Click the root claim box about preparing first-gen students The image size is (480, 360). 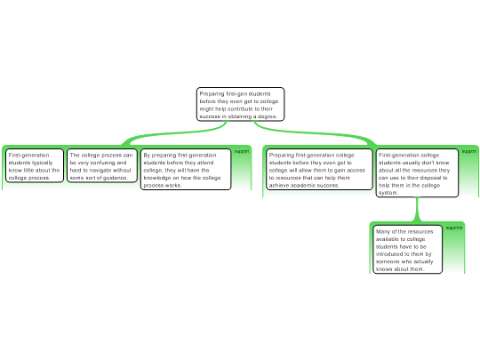[x=240, y=104]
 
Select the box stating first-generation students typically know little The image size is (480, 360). [x=35, y=165]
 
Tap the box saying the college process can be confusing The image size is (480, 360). [x=102, y=165]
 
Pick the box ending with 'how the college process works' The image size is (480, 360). [x=186, y=169]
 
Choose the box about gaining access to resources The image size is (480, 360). [x=319, y=169]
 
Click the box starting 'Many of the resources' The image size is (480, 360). [x=407, y=249]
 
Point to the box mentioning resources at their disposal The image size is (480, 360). [x=417, y=173]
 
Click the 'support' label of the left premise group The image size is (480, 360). [x=242, y=151]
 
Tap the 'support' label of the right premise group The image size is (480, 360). [x=469, y=151]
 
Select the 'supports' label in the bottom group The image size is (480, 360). [x=454, y=228]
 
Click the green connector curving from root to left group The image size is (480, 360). [x=174, y=132]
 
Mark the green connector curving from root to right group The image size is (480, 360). [x=314, y=132]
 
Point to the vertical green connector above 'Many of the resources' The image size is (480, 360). [x=417, y=209]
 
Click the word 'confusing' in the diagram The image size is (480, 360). [x=108, y=163]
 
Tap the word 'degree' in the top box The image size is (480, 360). [x=268, y=116]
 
